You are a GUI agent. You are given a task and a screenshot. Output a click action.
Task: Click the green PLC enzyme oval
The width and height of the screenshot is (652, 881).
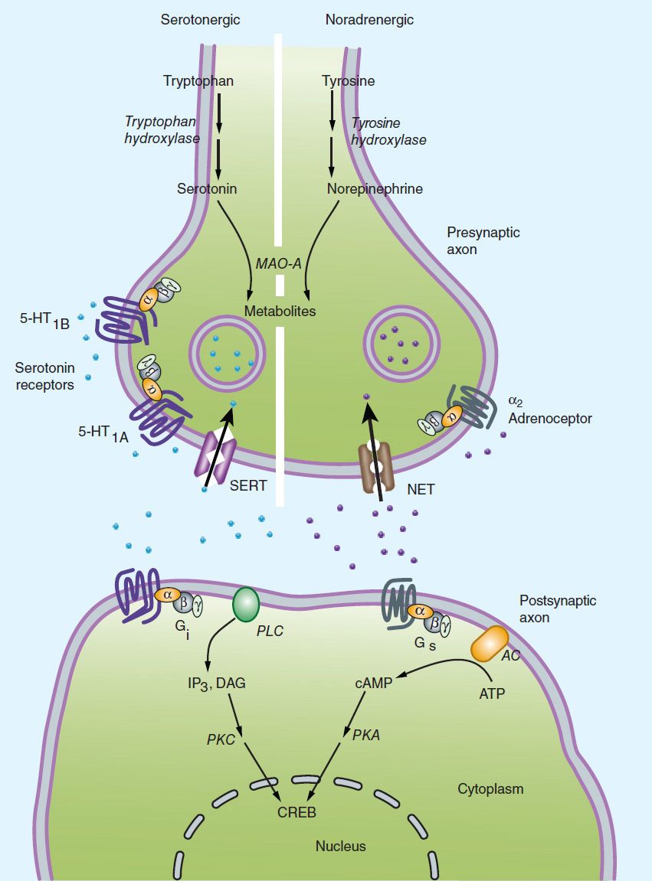tap(246, 602)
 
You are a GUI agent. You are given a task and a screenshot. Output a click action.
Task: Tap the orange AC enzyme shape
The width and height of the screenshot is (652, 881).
tap(489, 644)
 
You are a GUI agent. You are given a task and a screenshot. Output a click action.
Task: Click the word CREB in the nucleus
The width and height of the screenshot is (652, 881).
tap(297, 812)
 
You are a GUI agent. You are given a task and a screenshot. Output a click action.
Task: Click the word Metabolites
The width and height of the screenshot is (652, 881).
tap(280, 312)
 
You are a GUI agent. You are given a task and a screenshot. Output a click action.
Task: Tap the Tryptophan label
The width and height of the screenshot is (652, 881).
tap(198, 80)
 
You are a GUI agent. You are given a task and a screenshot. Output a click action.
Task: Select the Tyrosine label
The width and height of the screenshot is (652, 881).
tap(350, 80)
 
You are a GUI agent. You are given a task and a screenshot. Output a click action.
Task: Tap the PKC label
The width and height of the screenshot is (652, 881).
tap(221, 740)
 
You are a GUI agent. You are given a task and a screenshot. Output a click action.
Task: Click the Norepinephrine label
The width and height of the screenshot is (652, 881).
tap(375, 188)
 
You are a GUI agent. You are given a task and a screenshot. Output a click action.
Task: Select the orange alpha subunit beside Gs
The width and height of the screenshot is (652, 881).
tap(419, 610)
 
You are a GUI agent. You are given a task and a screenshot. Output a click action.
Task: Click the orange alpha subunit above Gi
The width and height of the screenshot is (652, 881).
tap(165, 593)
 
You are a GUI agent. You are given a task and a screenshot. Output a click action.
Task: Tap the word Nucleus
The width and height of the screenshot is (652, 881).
tap(341, 846)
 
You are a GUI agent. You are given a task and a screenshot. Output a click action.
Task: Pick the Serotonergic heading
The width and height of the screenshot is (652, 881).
tap(200, 19)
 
